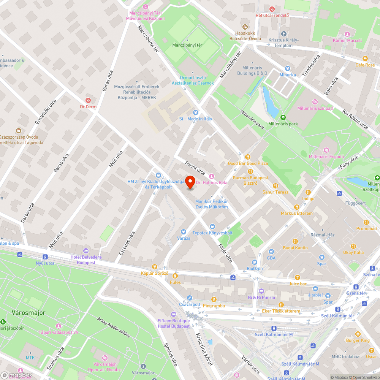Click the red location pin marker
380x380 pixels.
click(x=190, y=182)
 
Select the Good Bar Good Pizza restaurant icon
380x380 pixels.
click(x=248, y=157)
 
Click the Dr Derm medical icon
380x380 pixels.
click(x=89, y=100)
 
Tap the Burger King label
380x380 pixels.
click(x=357, y=340)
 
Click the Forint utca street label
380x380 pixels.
click(x=195, y=168)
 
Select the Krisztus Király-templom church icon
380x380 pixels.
click(x=283, y=34)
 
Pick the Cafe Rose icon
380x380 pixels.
click(x=365, y=59)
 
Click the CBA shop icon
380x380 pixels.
click(x=271, y=251)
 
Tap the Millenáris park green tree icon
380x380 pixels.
click(x=283, y=117)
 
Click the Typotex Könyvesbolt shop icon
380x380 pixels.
click(x=212, y=226)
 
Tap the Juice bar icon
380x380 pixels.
click(x=298, y=277)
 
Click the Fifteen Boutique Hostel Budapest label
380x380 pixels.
click(x=174, y=323)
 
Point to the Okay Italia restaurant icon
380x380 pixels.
click(x=353, y=246)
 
